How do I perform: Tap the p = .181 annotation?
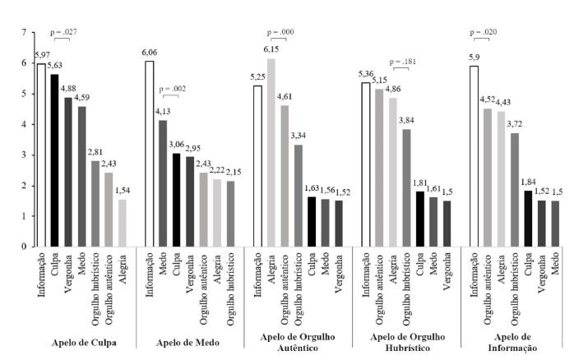click(x=400, y=62)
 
